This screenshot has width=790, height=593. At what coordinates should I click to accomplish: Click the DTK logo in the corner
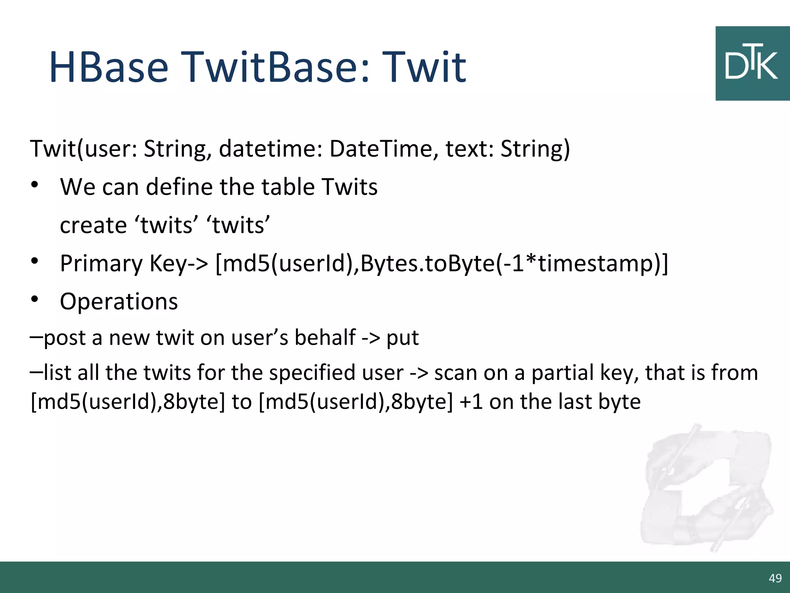click(752, 64)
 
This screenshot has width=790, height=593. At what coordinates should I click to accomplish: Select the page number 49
click(775, 578)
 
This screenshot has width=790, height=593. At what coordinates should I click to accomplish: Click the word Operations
click(119, 302)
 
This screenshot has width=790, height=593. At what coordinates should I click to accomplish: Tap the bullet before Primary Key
click(35, 261)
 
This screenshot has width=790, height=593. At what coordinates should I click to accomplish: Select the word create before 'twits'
click(93, 225)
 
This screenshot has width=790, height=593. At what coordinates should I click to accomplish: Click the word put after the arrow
click(402, 338)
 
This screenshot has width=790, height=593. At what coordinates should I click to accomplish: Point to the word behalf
click(325, 337)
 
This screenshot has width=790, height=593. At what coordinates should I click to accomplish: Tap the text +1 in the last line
click(471, 402)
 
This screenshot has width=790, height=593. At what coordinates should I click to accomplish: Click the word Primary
click(101, 264)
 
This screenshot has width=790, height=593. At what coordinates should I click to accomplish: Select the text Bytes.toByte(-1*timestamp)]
click(514, 263)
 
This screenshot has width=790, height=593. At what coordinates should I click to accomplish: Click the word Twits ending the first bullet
click(349, 187)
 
